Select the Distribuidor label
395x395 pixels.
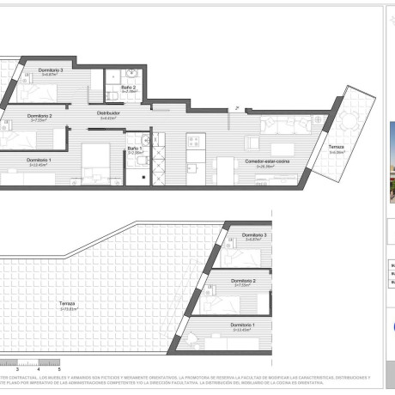107,112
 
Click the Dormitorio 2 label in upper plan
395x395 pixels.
39,116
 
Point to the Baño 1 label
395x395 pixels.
135,148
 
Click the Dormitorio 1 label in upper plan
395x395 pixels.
38,161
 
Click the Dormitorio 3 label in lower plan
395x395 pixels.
254,234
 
